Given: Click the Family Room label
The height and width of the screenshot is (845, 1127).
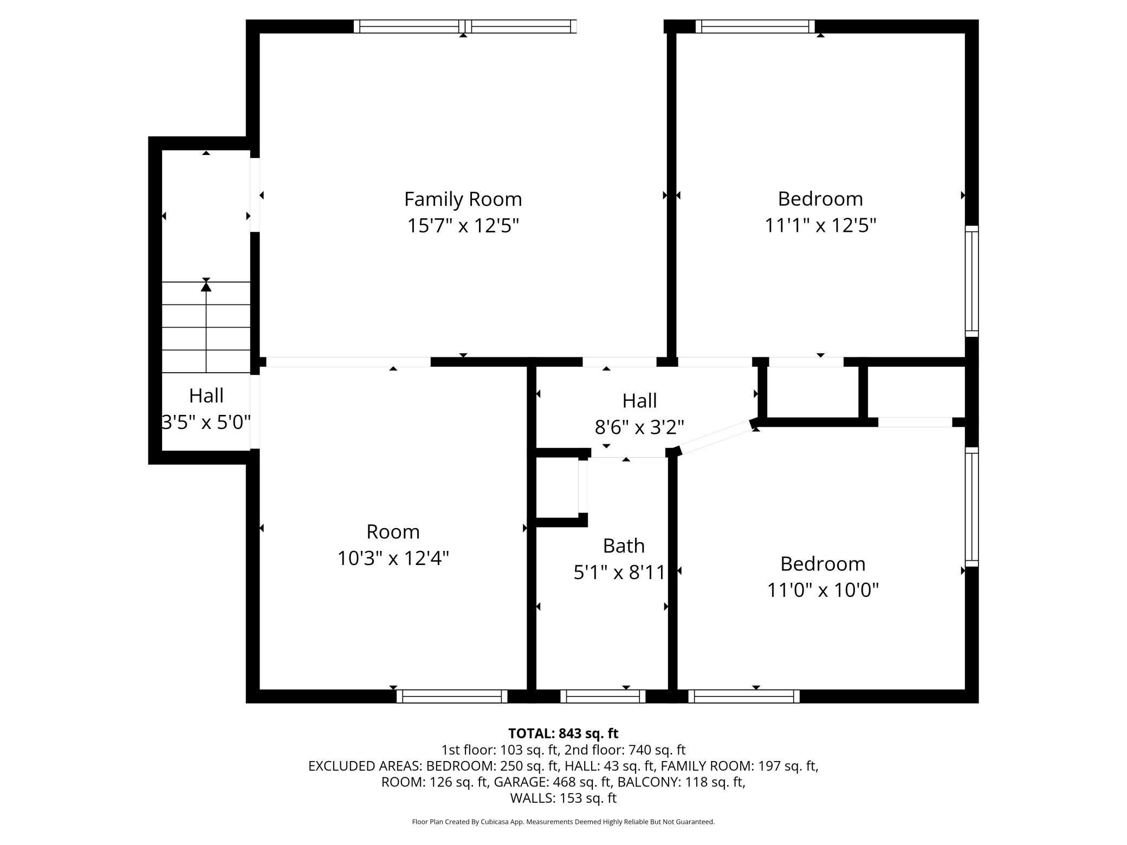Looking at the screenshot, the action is point(463,199).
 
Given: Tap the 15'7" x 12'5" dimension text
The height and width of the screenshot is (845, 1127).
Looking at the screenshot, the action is point(463,225).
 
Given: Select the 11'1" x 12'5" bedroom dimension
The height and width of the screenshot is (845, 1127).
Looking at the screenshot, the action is point(820,225).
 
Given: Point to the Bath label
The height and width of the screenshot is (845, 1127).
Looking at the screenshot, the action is point(624,545).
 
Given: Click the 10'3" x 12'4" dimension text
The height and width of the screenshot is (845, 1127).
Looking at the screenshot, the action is point(393,558).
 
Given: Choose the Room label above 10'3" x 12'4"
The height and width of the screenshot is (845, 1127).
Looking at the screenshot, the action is point(393,532).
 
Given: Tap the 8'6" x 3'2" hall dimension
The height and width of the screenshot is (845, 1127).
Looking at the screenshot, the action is point(639,427).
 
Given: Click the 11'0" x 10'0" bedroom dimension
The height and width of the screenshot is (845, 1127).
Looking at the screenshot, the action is point(822,590).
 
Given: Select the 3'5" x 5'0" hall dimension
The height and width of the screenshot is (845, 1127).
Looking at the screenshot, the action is point(206,422).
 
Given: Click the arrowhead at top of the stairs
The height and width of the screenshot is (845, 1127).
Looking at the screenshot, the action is point(206,285).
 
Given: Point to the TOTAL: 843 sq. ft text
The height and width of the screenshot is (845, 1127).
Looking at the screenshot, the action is point(563,733).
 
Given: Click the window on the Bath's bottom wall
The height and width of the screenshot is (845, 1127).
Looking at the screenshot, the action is point(603,696).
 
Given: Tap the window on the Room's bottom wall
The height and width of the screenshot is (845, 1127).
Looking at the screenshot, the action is point(452,696).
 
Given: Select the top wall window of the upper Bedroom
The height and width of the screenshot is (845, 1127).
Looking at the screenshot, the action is point(755,27).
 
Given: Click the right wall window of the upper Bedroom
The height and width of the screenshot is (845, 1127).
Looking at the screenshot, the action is point(972,281).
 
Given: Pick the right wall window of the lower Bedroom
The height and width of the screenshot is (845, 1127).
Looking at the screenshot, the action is point(972,507).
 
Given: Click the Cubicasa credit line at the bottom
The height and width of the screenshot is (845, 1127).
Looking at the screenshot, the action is point(563,822).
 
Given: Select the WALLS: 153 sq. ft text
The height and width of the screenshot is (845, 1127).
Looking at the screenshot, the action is point(563,798).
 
